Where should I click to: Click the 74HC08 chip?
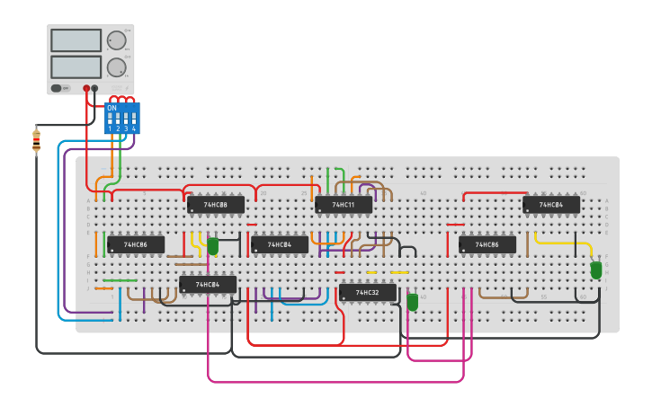click(216, 205)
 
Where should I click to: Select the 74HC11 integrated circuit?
click(344, 205)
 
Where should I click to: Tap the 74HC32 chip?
click(367, 293)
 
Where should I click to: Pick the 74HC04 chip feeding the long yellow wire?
click(550, 205)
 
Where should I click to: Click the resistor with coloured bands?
click(36, 140)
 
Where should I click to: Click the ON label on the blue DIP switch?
click(112, 108)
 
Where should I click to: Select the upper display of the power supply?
click(76, 40)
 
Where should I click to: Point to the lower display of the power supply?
click(76, 67)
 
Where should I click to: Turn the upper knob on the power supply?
click(116, 40)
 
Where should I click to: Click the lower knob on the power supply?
click(116, 67)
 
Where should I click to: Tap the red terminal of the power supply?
click(86, 88)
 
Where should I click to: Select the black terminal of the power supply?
click(94, 88)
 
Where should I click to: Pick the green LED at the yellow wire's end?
click(595, 269)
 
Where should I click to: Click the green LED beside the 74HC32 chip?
click(413, 302)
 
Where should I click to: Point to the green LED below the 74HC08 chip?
click(213, 245)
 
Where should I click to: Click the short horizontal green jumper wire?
click(120, 280)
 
